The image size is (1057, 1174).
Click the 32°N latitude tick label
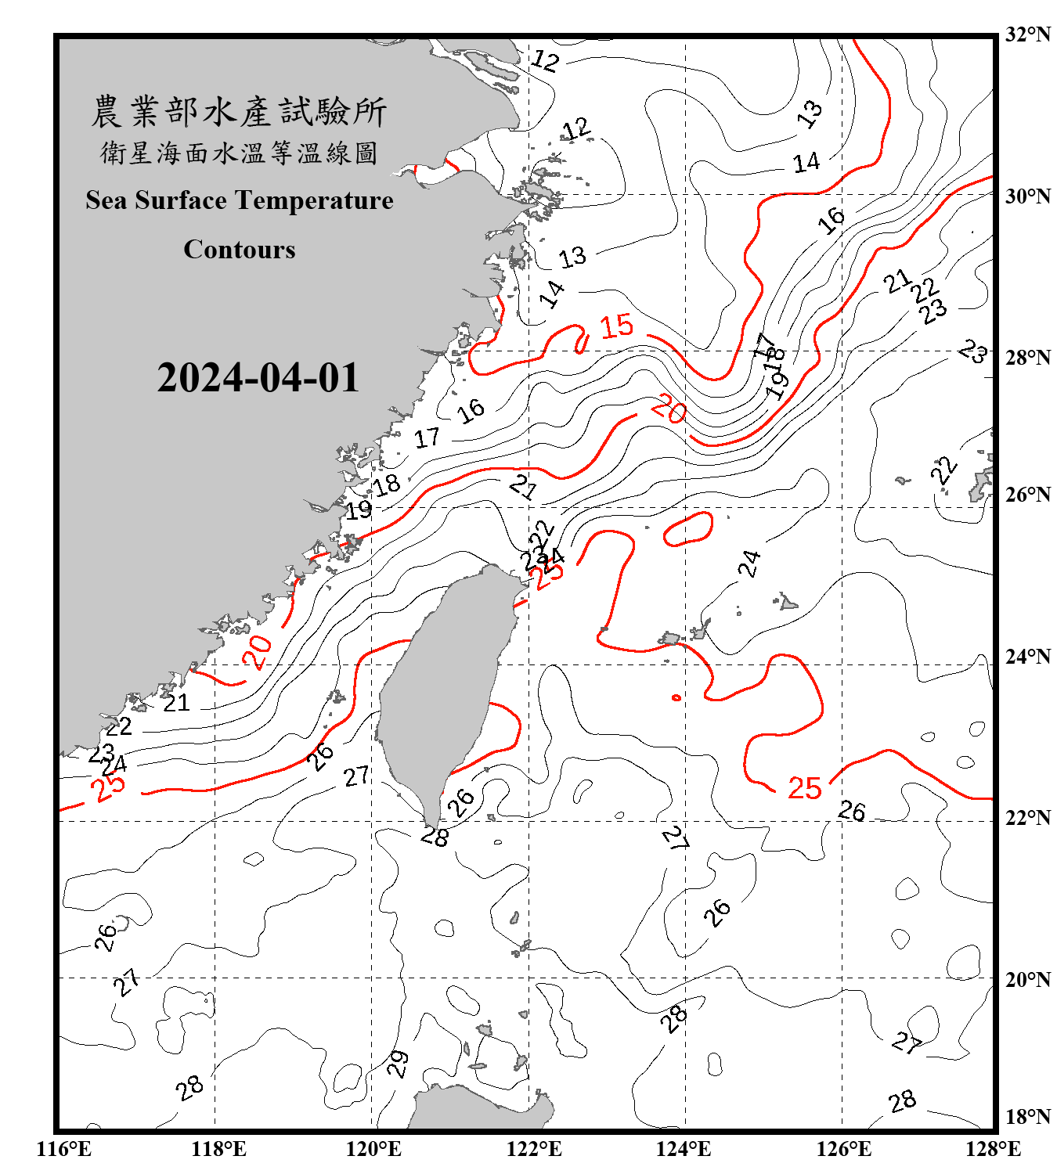1027,34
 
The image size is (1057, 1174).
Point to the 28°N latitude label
1027,358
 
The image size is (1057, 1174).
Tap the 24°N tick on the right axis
1027,656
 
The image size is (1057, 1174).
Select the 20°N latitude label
1027,979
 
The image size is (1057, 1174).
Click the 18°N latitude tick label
1027,1117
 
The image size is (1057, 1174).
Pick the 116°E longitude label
63,1149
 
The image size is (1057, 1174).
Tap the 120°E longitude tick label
373,1149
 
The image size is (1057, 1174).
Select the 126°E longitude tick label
843,1149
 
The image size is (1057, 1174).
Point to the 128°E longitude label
993,1149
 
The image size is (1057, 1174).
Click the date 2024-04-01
258,378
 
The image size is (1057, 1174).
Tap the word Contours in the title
240,250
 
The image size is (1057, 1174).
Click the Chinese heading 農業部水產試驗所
239,112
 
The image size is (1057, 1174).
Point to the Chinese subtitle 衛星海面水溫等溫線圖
239,153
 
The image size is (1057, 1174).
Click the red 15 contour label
616,326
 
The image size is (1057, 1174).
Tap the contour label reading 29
398,1064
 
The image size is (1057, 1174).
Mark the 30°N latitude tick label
1027,196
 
